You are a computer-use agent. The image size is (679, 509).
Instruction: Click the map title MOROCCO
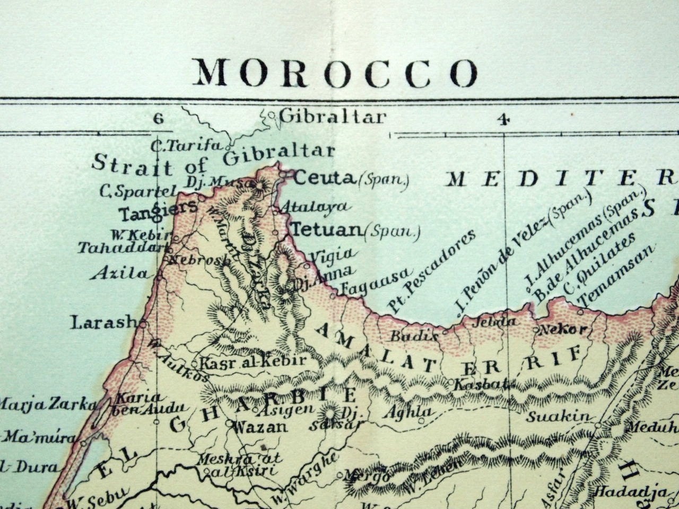(336, 73)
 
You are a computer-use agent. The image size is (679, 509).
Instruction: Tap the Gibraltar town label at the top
(332, 116)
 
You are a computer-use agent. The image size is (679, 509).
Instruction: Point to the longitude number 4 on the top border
(503, 119)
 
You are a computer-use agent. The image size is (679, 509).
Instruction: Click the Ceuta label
(323, 178)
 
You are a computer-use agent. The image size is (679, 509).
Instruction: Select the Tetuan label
(326, 230)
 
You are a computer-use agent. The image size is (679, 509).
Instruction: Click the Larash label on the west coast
(105, 322)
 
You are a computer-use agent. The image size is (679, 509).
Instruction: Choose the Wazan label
(260, 427)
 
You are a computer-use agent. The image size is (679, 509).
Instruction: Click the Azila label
(120, 274)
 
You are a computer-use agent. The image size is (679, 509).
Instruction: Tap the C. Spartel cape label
(137, 191)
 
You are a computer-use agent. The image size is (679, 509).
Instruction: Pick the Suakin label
(558, 417)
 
